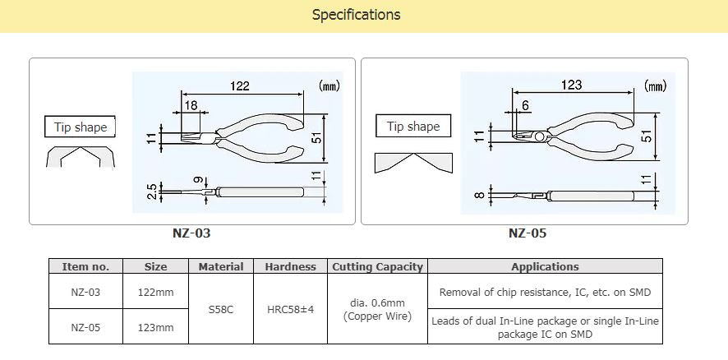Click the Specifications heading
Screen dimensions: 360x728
pyautogui.click(x=356, y=15)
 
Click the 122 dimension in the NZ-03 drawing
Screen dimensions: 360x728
pyautogui.click(x=239, y=85)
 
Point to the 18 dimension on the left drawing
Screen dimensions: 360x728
pyautogui.click(x=189, y=105)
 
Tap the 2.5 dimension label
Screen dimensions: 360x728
pyautogui.click(x=151, y=192)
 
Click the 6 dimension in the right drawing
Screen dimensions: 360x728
pyautogui.click(x=524, y=105)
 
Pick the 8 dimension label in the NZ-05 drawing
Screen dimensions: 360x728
pyautogui.click(x=477, y=196)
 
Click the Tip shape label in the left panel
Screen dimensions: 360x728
pyautogui.click(x=80, y=127)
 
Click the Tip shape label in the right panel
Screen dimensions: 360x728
pyautogui.click(x=413, y=127)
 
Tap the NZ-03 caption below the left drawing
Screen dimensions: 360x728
pyautogui.click(x=191, y=233)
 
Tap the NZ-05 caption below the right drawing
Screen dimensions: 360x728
pyautogui.click(x=527, y=233)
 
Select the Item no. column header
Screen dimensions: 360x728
pyautogui.click(x=85, y=266)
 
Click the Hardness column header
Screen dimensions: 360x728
pyautogui.click(x=290, y=266)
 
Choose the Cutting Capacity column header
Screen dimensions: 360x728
pyautogui.click(x=377, y=266)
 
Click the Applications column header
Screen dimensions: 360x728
pyautogui.click(x=545, y=266)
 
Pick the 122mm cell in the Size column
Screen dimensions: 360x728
pyautogui.click(x=155, y=291)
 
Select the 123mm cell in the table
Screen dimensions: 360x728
pyautogui.click(x=155, y=327)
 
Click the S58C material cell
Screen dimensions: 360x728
pyautogui.click(x=221, y=309)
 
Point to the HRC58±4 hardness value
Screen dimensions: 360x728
pyautogui.click(x=290, y=309)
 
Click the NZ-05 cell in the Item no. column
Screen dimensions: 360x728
pyautogui.click(x=85, y=327)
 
